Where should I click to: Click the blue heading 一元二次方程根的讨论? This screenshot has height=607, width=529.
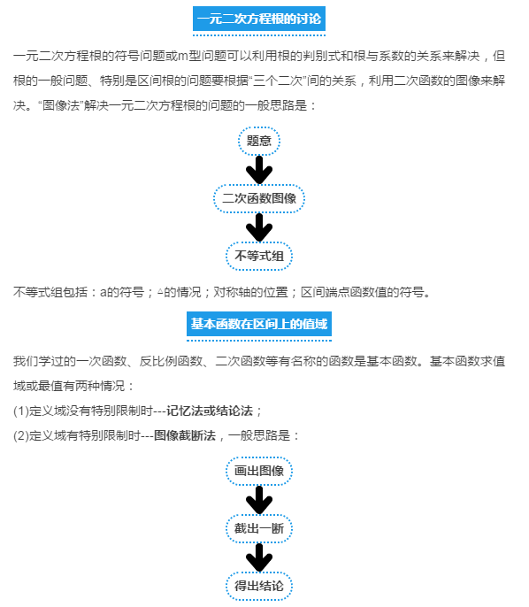tap(259, 19)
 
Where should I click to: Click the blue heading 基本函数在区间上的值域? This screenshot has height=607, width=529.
tap(259, 324)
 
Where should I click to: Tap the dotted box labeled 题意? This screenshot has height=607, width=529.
tap(259, 141)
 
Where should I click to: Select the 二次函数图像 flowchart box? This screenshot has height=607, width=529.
tap(259, 198)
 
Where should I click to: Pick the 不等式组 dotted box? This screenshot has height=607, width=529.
tap(259, 256)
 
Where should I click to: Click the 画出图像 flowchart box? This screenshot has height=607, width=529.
tap(259, 471)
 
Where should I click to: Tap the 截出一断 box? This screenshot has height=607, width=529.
tap(259, 528)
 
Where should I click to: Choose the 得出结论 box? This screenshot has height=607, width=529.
tap(259, 586)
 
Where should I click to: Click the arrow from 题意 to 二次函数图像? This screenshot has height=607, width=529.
tap(259, 170)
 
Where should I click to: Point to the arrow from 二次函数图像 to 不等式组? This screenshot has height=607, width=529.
tap(259, 227)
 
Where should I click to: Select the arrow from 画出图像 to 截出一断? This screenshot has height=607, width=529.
tap(259, 500)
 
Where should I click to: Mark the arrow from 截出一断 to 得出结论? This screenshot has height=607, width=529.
tap(259, 557)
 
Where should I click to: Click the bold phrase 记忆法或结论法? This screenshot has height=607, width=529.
tap(210, 411)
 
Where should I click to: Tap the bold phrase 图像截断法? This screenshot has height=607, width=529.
tap(185, 435)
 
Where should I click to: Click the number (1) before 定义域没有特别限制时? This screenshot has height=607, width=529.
tap(21, 411)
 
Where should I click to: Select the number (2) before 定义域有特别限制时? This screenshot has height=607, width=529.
tap(21, 435)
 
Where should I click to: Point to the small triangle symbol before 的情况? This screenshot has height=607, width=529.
tap(160, 291)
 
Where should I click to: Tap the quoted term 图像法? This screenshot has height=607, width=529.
tap(61, 105)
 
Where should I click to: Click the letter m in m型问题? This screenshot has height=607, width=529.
tap(182, 57)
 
